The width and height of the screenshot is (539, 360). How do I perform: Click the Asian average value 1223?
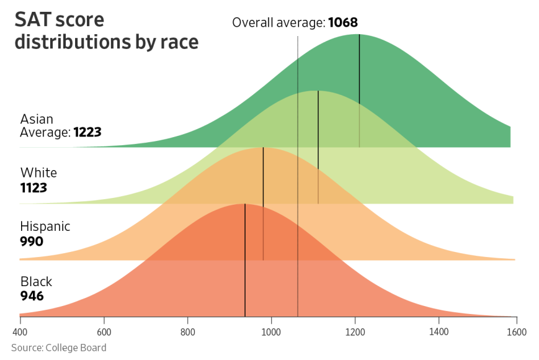point(87,132)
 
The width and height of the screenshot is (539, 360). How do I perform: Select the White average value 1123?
point(33,187)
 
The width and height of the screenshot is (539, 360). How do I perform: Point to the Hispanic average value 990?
point(32,241)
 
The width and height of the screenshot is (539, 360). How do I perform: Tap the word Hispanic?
point(45,227)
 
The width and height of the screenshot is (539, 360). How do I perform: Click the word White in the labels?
point(38,173)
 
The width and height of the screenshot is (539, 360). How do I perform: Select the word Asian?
point(37,119)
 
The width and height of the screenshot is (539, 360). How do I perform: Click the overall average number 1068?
point(343,23)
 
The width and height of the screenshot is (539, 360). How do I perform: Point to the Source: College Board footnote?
point(58,348)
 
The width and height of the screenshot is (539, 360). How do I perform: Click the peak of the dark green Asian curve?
point(359,35)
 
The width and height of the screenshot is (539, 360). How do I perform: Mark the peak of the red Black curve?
point(244,204)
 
